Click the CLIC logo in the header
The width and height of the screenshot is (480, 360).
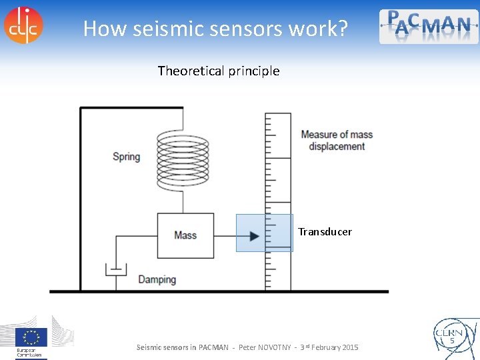23,25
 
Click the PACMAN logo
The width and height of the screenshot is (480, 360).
429,26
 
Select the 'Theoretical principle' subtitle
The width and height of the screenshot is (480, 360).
219,71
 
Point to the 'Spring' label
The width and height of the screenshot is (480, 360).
126,157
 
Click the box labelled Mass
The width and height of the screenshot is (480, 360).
185,235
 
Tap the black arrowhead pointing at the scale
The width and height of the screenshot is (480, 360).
254,235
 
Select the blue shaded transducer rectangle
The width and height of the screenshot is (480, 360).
264,233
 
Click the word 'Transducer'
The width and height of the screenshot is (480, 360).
325,232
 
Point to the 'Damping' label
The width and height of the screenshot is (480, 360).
157,279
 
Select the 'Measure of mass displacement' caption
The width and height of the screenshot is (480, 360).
336,140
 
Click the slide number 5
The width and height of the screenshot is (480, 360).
451,341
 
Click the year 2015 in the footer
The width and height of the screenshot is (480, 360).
349,347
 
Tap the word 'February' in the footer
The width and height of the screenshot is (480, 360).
321,347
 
